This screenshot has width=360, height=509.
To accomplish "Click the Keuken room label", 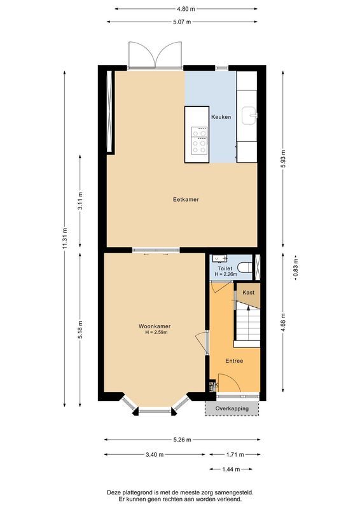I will (221, 117).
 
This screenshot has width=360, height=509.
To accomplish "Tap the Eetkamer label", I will (186, 199).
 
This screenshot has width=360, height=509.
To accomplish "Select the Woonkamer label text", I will (155, 326).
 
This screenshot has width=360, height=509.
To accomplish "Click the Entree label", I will (234, 361).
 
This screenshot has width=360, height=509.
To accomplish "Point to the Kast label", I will (249, 293).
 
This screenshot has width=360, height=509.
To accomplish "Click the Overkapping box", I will (232, 408).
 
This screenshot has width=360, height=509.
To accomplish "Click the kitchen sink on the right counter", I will (253, 115).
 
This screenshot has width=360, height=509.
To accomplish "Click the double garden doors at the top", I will (155, 55).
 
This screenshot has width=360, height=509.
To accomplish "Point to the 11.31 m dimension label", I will (65, 239).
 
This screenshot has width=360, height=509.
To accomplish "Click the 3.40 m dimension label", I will (155, 455).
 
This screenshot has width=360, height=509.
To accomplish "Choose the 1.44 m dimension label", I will (232, 470).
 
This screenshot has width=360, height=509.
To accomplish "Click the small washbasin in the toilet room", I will (219, 258).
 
